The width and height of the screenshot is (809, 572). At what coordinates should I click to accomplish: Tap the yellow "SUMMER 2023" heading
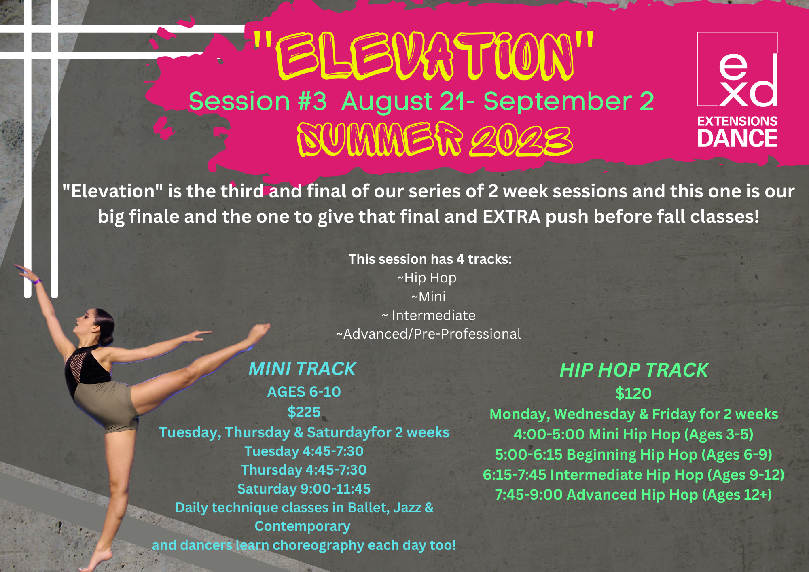click(x=435, y=140)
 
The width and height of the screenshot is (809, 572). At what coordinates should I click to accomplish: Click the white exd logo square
click(x=737, y=69)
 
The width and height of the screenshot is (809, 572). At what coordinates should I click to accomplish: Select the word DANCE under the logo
click(x=737, y=138)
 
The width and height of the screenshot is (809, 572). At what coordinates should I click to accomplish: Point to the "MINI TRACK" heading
click(x=302, y=369)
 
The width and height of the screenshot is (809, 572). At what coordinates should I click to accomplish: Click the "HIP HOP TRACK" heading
click(x=634, y=370)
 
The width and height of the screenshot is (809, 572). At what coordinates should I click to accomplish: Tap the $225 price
click(x=304, y=412)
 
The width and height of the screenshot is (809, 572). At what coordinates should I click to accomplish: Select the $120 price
click(x=633, y=394)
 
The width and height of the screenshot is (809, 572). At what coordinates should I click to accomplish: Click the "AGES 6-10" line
click(x=304, y=392)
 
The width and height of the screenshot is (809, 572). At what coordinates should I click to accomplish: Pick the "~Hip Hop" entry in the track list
click(x=427, y=278)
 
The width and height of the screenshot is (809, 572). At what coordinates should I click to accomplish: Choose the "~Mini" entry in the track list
click(x=428, y=297)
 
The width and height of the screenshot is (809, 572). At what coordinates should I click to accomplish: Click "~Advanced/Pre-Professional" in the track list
click(x=428, y=334)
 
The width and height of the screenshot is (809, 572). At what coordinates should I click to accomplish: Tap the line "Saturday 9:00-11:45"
click(x=304, y=489)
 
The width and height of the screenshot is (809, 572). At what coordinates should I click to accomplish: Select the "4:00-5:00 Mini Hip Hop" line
click(x=633, y=434)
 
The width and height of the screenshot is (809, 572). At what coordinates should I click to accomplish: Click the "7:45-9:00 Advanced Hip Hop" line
click(x=633, y=495)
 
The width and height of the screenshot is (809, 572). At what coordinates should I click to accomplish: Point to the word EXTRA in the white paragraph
click(x=511, y=217)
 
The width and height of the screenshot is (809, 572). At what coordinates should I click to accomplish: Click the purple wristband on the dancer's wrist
click(x=38, y=281)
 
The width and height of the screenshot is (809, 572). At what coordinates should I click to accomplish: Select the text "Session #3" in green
click(x=258, y=101)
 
